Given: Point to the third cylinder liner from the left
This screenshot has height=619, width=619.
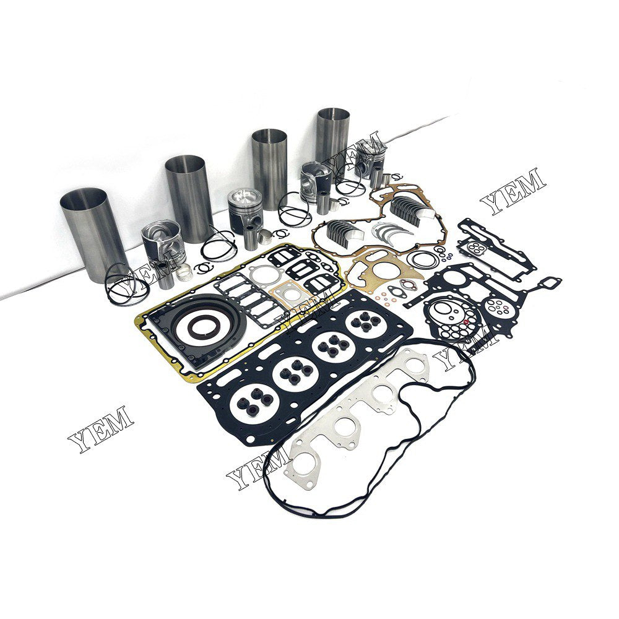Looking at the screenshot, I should coord(269,159).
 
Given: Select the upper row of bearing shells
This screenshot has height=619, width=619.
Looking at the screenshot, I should coord(411,204).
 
